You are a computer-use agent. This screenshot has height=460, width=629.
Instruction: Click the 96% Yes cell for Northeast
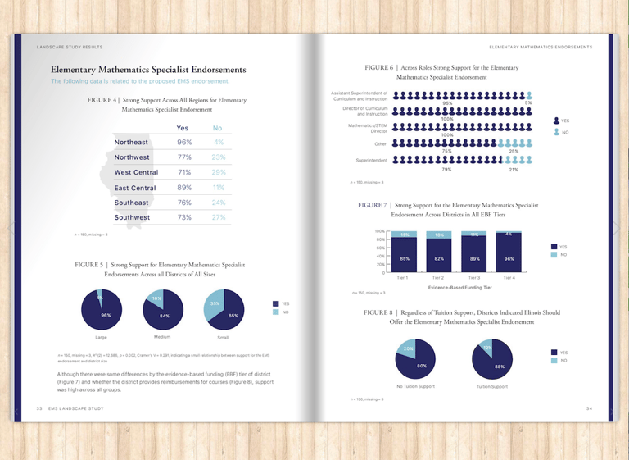(184, 143)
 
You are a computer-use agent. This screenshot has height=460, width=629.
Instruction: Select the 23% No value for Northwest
(218, 157)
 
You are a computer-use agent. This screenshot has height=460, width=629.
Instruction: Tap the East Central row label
(135, 188)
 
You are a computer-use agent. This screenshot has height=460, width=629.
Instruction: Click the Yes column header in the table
(183, 128)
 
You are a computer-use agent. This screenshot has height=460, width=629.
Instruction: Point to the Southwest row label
(132, 217)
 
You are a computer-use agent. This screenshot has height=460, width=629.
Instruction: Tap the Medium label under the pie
(162, 337)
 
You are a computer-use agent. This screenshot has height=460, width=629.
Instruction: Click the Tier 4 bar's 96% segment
(509, 259)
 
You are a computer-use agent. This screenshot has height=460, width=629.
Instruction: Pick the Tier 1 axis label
(402, 279)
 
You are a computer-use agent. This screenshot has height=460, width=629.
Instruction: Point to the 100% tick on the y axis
(380, 232)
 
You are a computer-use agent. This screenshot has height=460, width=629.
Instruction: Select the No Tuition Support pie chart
(415, 359)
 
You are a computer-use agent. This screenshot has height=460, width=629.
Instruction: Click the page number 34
(588, 408)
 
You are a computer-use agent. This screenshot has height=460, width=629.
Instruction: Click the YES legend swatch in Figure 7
(554, 246)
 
